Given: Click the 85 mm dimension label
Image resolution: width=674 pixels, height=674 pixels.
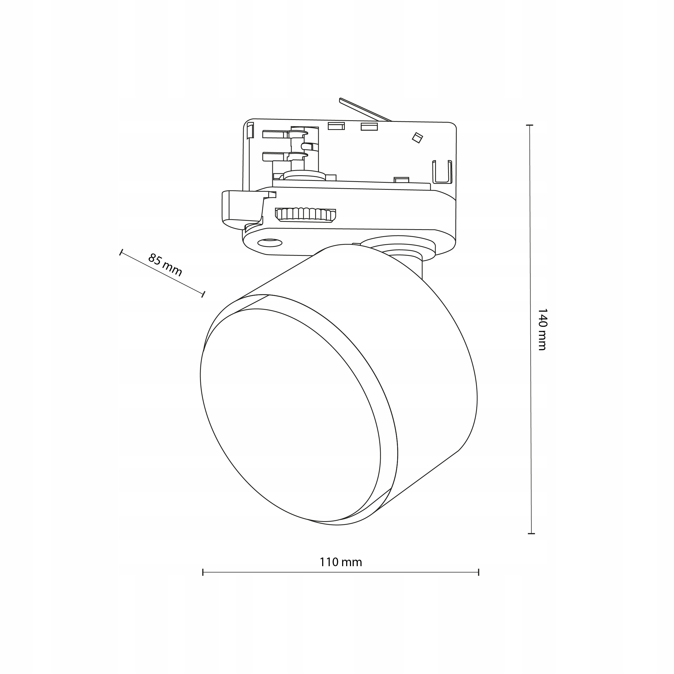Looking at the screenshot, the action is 165,265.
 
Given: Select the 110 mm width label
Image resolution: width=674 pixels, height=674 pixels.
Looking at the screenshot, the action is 341,562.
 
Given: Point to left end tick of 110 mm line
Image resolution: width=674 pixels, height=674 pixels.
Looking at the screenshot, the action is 203,572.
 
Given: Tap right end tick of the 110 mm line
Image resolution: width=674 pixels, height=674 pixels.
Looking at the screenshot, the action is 479,572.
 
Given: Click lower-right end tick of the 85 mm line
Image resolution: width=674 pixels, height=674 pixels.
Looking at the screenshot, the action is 203,294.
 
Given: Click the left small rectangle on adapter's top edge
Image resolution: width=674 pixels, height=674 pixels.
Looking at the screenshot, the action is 336,126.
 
